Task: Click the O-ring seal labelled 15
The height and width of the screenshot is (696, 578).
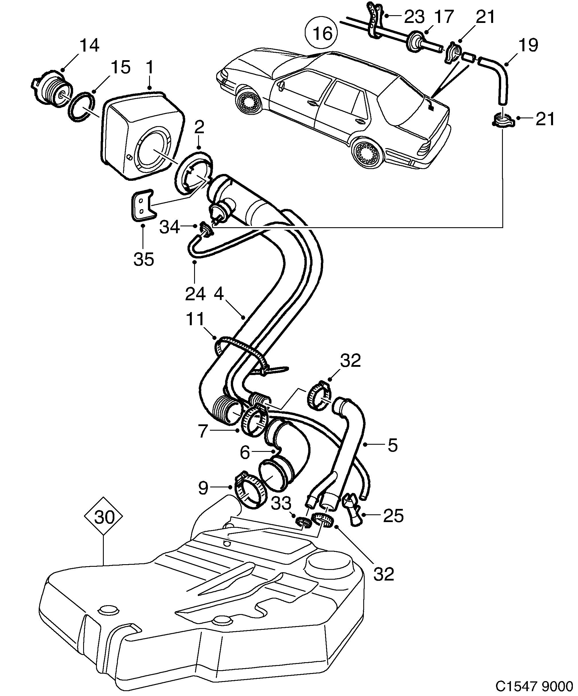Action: tap(81, 108)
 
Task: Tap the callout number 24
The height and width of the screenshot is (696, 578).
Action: tap(195, 294)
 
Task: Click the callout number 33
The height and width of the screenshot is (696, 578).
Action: tap(281, 503)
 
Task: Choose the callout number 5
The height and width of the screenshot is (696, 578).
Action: tap(392, 446)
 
